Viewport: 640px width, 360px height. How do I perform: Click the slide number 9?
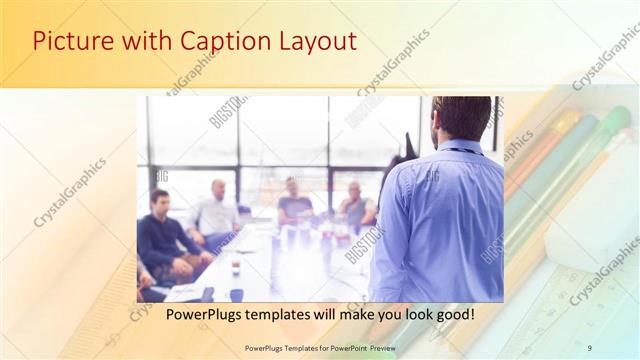pos(589,347)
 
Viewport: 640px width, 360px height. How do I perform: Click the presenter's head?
pos(461,118)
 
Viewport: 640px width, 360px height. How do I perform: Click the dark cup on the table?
pos(235,294)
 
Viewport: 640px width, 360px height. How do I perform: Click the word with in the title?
pos(146,42)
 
